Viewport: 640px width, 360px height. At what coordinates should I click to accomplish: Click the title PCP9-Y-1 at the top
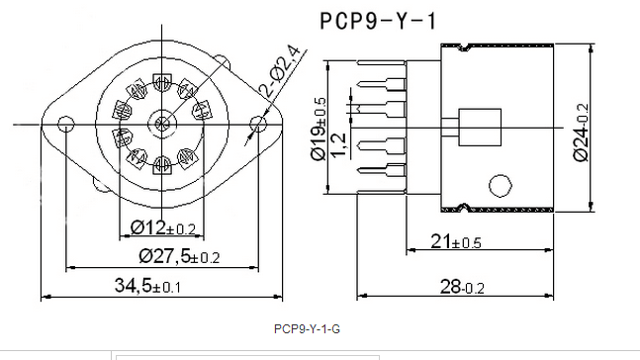[378, 21]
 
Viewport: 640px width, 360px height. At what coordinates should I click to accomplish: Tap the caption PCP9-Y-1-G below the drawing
[307, 329]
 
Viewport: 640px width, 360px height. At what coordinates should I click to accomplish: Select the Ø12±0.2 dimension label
[163, 227]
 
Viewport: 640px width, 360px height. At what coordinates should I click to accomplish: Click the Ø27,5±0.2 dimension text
[179, 256]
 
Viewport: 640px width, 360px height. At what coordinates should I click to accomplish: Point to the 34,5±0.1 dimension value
[147, 286]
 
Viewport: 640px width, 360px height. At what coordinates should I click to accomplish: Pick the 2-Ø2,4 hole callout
[280, 71]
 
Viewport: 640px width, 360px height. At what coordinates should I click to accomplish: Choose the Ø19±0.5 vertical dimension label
[319, 129]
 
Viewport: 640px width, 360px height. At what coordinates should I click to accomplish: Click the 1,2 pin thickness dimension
[338, 145]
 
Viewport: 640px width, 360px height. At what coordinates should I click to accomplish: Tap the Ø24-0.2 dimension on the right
[582, 133]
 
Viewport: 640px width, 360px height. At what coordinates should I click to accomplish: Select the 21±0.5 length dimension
[456, 241]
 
